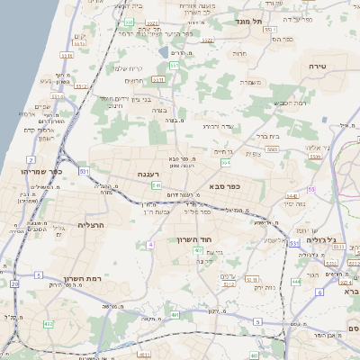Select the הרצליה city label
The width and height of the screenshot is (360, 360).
92,225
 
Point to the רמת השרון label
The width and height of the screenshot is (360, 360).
82,279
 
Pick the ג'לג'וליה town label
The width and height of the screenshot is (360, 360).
319,240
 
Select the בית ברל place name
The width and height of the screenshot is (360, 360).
268,137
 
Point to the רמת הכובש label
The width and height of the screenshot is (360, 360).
290,103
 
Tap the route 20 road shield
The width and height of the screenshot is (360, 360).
14,283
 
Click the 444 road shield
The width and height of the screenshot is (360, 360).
295,281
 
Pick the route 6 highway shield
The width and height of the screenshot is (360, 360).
319,292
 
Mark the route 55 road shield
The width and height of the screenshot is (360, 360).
311,189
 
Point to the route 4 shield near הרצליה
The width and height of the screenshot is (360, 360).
151,244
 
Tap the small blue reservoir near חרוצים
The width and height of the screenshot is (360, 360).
163,52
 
